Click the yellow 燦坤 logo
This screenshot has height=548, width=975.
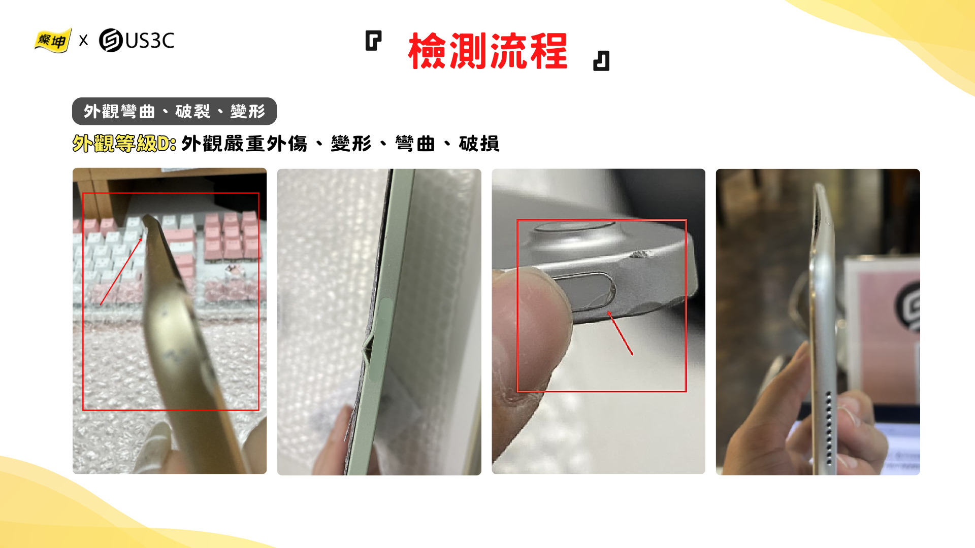53,41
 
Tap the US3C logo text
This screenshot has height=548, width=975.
150,41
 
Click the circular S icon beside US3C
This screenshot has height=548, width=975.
111,41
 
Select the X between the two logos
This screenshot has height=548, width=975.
84,40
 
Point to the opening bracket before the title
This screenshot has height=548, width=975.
373,41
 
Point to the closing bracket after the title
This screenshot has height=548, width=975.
601,61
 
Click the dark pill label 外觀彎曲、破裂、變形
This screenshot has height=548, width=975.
174,111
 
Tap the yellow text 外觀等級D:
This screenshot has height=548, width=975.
124,144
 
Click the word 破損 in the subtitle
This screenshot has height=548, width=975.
479,144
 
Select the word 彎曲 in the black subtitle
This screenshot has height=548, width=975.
415,144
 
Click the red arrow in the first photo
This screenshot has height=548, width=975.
121,271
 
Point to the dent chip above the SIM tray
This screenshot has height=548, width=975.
641,254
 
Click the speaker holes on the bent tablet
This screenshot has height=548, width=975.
829,427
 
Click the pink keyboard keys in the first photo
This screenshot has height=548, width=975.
229,236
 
